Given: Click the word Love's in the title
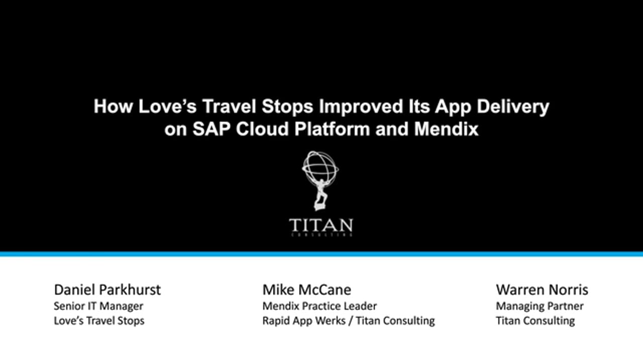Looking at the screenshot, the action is click(x=167, y=106).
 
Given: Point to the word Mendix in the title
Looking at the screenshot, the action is click(x=446, y=129).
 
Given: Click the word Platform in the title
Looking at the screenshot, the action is click(x=332, y=129).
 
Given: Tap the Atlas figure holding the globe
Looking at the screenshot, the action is click(x=321, y=196).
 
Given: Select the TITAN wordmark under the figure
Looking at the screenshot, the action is click(x=321, y=225).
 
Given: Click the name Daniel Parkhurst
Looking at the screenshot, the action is click(x=108, y=290).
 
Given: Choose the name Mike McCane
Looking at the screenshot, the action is click(x=306, y=290).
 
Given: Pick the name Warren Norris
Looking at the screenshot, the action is click(x=542, y=290).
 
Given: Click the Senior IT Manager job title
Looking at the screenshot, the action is click(x=98, y=306).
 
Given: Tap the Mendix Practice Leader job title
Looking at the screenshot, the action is click(x=319, y=306).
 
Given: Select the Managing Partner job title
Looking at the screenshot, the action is click(x=540, y=307).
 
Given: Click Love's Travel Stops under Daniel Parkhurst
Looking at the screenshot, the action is click(x=99, y=321).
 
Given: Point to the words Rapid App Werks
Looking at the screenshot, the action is click(x=304, y=321).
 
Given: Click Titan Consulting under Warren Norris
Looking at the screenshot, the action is click(x=535, y=321).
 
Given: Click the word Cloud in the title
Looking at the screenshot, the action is click(x=262, y=129).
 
